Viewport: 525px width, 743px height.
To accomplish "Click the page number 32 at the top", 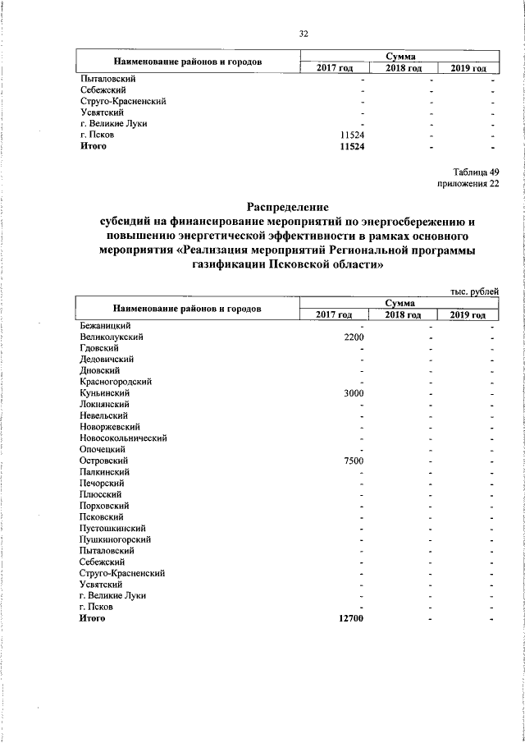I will [303, 34].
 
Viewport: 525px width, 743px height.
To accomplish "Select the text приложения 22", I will [468, 184].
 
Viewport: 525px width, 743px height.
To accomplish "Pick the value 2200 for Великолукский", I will [353, 337].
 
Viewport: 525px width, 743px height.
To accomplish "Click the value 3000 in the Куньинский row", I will [353, 393].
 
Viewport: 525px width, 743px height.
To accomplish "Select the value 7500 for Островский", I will [353, 461].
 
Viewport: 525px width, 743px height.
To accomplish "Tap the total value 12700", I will [350, 618].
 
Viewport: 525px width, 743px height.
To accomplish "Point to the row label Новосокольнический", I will [123, 438].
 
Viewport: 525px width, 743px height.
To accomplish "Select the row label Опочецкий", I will [103, 450].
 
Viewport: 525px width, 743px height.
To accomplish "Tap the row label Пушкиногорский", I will [114, 539].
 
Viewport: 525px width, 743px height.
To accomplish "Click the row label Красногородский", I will [115, 382].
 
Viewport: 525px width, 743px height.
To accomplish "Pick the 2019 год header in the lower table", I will [468, 315].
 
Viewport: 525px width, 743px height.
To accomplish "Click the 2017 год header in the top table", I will [334, 67].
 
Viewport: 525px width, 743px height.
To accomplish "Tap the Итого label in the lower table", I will [93, 618].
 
